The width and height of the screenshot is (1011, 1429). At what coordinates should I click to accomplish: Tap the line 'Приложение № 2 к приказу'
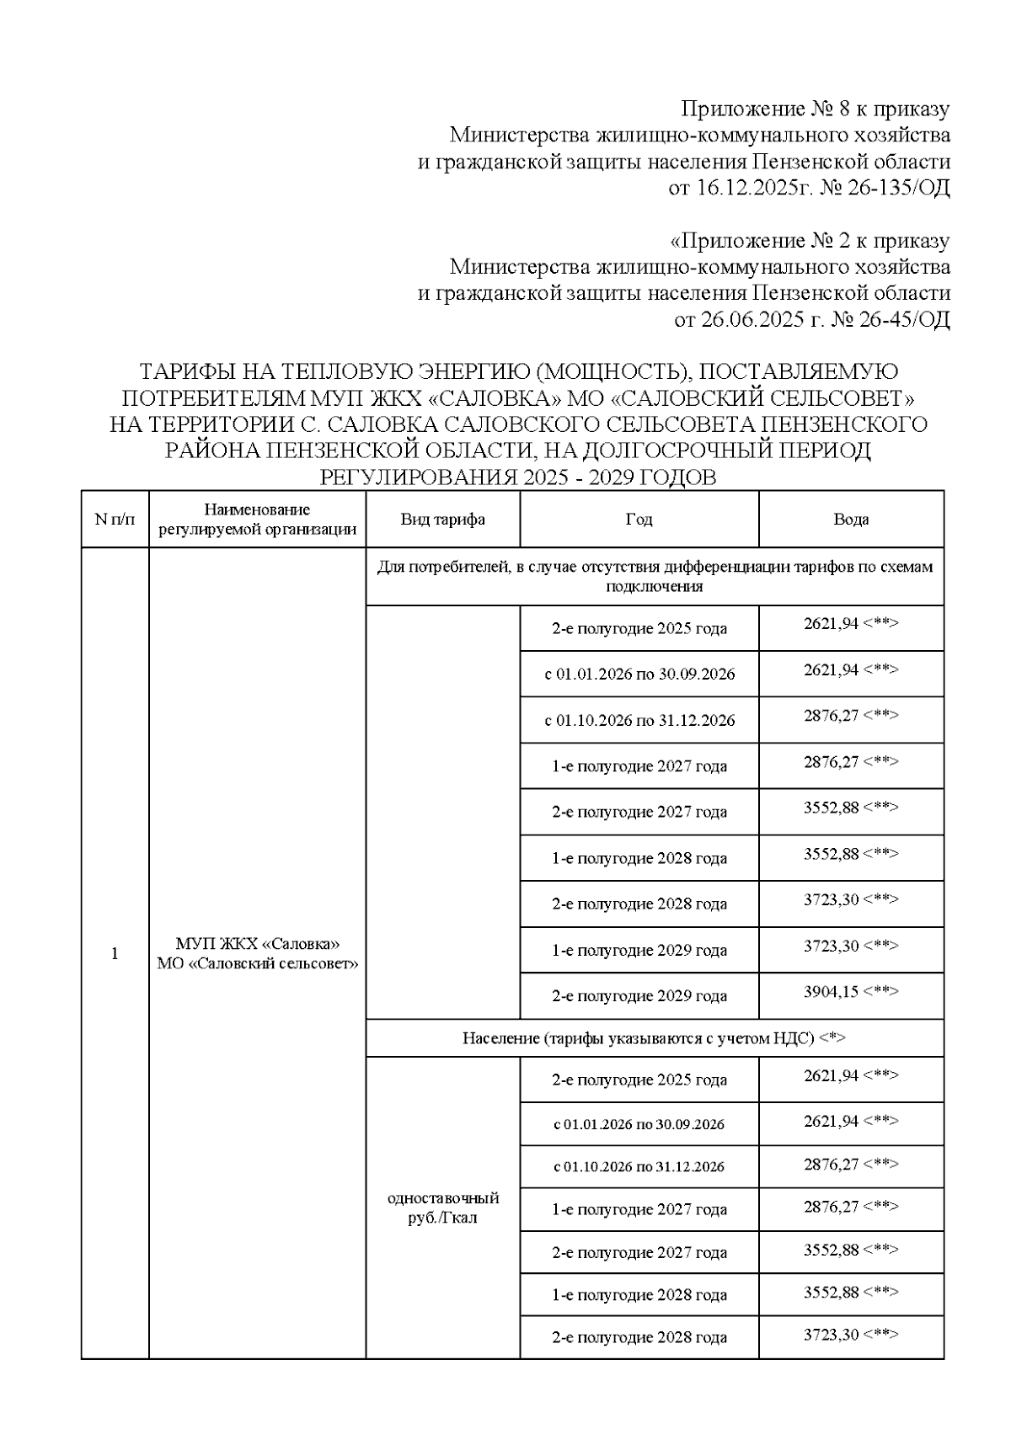810,241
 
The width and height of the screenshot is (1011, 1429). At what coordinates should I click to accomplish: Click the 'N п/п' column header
115,520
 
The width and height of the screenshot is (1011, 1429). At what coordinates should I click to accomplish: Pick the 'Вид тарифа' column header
442,520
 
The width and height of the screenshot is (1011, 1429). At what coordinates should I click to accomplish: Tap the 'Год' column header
639,520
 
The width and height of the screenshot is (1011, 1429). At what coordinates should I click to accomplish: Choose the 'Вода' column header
851,520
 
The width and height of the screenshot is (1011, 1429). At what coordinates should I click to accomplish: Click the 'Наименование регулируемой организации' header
257,520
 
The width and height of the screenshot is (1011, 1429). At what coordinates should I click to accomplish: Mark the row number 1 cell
115,954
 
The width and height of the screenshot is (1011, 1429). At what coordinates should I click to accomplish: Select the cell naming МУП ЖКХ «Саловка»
257,954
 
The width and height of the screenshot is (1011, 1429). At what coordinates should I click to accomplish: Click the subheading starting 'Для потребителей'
655,577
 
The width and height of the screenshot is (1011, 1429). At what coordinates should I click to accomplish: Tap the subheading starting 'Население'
655,1038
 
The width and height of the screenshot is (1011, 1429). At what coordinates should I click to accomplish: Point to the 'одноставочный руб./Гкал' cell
442,1208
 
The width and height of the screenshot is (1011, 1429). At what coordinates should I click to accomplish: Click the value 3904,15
831,992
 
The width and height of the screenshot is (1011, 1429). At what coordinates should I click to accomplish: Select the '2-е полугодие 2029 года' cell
639,996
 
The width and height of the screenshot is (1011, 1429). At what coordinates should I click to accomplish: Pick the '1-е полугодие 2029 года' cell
639,951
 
